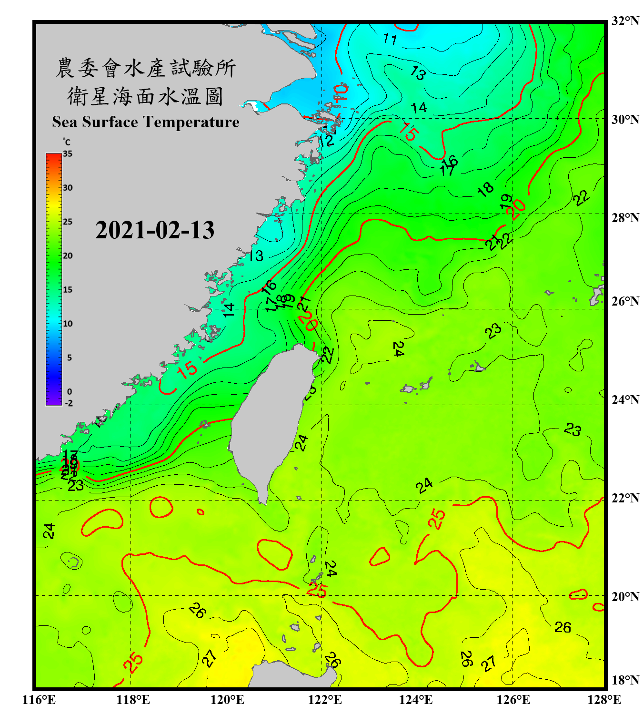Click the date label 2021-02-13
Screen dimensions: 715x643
(x=155, y=230)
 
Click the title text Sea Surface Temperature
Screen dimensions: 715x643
(x=146, y=122)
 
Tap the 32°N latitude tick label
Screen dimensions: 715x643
(x=625, y=21)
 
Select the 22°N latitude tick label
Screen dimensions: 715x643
(x=625, y=498)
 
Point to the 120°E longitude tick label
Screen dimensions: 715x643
(x=227, y=700)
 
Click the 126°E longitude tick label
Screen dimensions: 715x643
(x=513, y=700)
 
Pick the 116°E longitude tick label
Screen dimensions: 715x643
(x=39, y=700)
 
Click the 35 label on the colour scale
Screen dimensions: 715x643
(x=68, y=154)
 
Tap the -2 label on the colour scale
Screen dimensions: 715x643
(x=69, y=403)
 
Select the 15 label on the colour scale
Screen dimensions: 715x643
(x=68, y=290)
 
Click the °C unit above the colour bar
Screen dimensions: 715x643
(x=67, y=142)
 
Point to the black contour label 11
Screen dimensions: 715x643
(x=390, y=39)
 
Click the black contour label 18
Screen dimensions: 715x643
(x=485, y=189)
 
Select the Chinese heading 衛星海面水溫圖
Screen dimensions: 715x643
(x=145, y=97)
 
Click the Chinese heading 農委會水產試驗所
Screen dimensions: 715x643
(x=145, y=68)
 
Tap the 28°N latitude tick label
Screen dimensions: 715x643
(x=625, y=218)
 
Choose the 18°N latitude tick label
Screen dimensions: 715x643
(x=625, y=680)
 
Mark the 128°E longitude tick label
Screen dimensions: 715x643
(x=604, y=700)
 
